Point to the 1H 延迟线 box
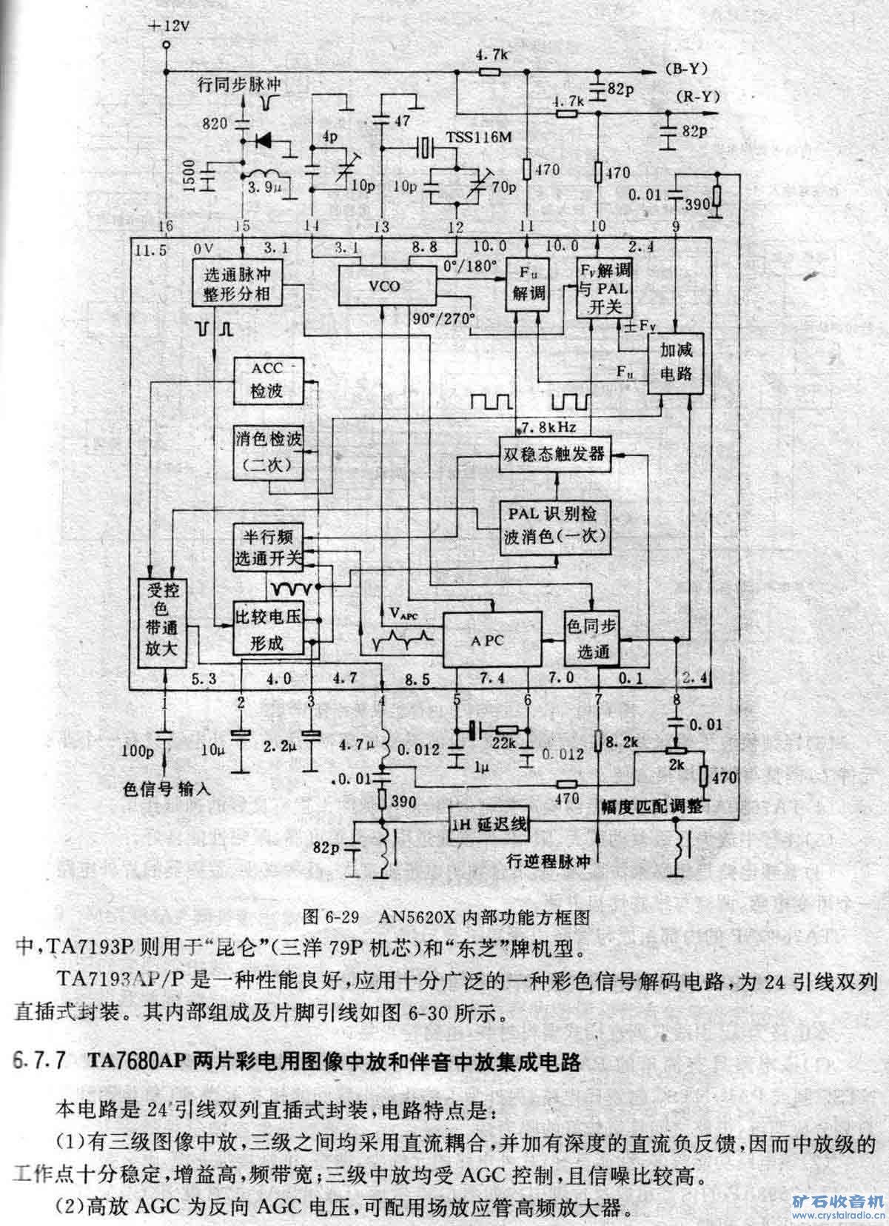coord(489,825)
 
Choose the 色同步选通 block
coord(591,640)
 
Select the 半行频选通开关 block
coord(267,549)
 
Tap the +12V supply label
coord(170,26)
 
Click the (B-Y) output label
coord(685,70)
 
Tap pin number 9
coord(675,226)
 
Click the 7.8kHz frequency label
coord(549,427)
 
